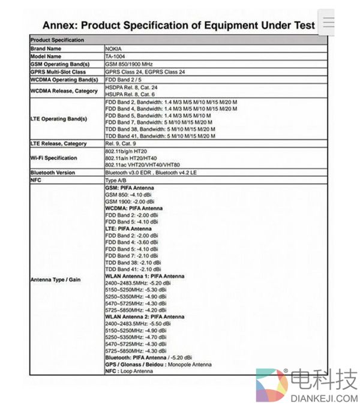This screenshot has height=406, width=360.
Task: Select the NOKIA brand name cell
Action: point(115,48)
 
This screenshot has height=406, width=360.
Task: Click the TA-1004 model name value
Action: point(116,56)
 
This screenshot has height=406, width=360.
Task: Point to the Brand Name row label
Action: point(46,48)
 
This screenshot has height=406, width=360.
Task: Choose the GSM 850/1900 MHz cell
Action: point(130,64)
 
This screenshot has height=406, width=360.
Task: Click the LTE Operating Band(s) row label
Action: point(59,119)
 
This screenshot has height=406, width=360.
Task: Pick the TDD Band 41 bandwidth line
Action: point(160,136)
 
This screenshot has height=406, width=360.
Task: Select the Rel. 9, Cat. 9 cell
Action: point(121,144)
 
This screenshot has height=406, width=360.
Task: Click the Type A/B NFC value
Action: point(115,180)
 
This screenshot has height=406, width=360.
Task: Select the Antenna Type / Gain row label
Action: point(55,279)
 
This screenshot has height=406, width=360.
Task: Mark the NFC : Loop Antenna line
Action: point(128,371)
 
